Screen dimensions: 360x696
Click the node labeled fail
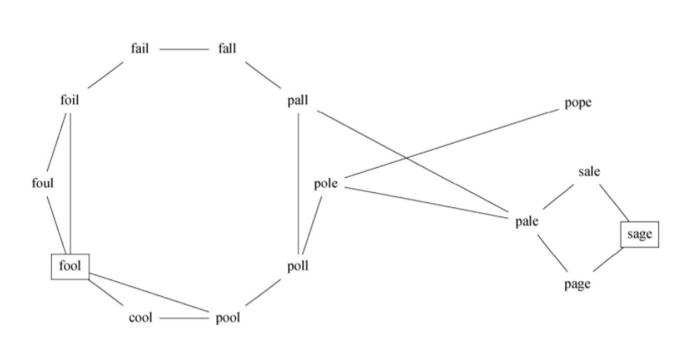point(140,48)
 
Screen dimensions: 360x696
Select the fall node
point(227,48)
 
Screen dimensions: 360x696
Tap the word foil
point(70,101)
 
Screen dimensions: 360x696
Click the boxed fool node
point(70,267)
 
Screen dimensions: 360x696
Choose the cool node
point(140,318)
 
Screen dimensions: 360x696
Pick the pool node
point(227,318)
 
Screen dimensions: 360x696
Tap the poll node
point(298,267)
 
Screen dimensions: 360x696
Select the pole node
point(326,183)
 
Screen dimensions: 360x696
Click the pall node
point(298,101)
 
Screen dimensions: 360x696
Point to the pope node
point(578,103)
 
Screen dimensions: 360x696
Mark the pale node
point(526,222)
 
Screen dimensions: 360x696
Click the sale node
point(589,172)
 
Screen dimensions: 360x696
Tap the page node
point(578,284)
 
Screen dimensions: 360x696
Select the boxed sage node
point(640,234)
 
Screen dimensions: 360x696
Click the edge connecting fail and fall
point(183,49)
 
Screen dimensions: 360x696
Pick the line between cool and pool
point(183,319)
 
